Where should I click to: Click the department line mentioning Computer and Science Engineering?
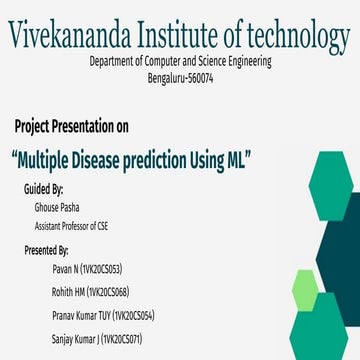(179, 61)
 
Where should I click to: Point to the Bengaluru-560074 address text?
(179, 76)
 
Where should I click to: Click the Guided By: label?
(43, 188)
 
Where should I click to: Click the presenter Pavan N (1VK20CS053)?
(93, 270)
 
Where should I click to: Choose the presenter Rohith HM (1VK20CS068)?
(97, 291)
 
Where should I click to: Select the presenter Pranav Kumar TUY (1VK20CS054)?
(103, 316)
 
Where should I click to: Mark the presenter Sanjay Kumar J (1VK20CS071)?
(96, 340)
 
